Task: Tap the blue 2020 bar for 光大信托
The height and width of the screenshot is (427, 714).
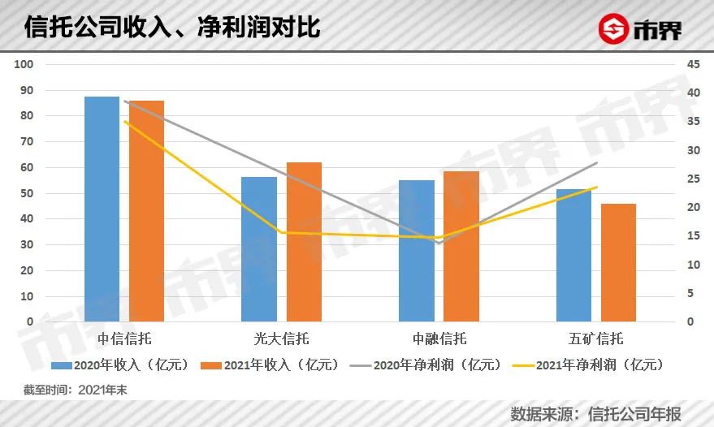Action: pos(259,249)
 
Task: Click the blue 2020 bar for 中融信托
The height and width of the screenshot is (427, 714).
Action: pos(417,251)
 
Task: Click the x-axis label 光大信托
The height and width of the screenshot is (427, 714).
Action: pos(282,338)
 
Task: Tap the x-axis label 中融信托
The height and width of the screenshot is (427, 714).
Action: pos(439,338)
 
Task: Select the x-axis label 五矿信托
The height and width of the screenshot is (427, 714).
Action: pos(597,338)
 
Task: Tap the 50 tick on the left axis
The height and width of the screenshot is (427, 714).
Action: pos(26,193)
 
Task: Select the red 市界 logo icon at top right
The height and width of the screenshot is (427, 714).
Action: pos(615,29)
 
